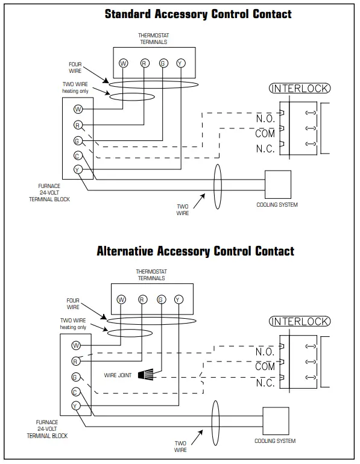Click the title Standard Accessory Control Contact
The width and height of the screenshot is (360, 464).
tap(198, 14)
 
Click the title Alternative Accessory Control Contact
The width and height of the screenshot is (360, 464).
tap(195, 251)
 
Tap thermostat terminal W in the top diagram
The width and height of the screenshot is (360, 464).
tap(123, 63)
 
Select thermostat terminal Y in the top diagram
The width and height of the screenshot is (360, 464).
tap(180, 63)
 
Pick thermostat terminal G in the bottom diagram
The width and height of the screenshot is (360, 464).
tap(161, 299)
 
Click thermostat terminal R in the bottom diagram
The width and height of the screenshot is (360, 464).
tap(142, 299)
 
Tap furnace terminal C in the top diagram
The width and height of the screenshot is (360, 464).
tap(78, 155)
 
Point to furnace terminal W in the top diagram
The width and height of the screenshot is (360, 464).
tap(78, 109)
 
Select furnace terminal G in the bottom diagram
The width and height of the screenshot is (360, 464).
tap(76, 377)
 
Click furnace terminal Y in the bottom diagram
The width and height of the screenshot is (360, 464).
tap(76, 406)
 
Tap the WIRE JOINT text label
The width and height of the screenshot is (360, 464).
tap(118, 375)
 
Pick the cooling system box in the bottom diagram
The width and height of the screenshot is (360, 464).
tap(276, 421)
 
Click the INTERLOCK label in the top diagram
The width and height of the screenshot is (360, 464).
tap(300, 89)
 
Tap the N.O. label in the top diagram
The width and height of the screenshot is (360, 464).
tap(265, 118)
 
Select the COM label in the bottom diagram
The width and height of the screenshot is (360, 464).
tap(265, 366)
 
